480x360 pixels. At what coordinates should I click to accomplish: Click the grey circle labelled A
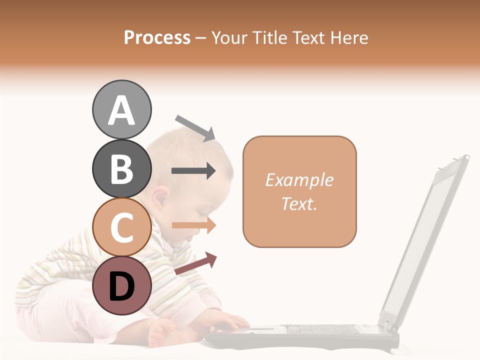click(x=121, y=109)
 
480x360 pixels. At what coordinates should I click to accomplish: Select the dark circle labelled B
click(x=121, y=168)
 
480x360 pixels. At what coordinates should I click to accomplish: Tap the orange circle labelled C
click(x=121, y=227)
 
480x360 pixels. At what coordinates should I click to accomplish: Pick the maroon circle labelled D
click(x=121, y=285)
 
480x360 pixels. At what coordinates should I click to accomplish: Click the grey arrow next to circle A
click(x=195, y=127)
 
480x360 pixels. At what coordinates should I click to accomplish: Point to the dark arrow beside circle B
click(x=193, y=171)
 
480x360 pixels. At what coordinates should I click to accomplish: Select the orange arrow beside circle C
click(x=194, y=225)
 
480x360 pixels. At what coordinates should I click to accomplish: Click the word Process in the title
click(x=157, y=37)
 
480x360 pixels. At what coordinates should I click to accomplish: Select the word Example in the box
click(x=299, y=180)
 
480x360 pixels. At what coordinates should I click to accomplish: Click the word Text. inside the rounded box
click(x=299, y=203)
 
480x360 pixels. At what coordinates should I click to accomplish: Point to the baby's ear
click(x=161, y=199)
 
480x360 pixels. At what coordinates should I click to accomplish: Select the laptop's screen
click(x=425, y=240)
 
